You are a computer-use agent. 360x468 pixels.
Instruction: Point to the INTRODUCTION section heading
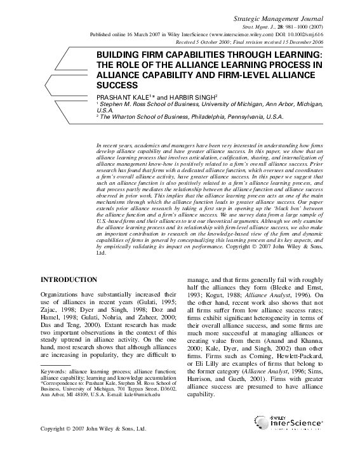pyautogui.click(x=69, y=279)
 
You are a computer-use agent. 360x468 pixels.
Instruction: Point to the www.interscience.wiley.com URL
pyautogui.click(x=226, y=36)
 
